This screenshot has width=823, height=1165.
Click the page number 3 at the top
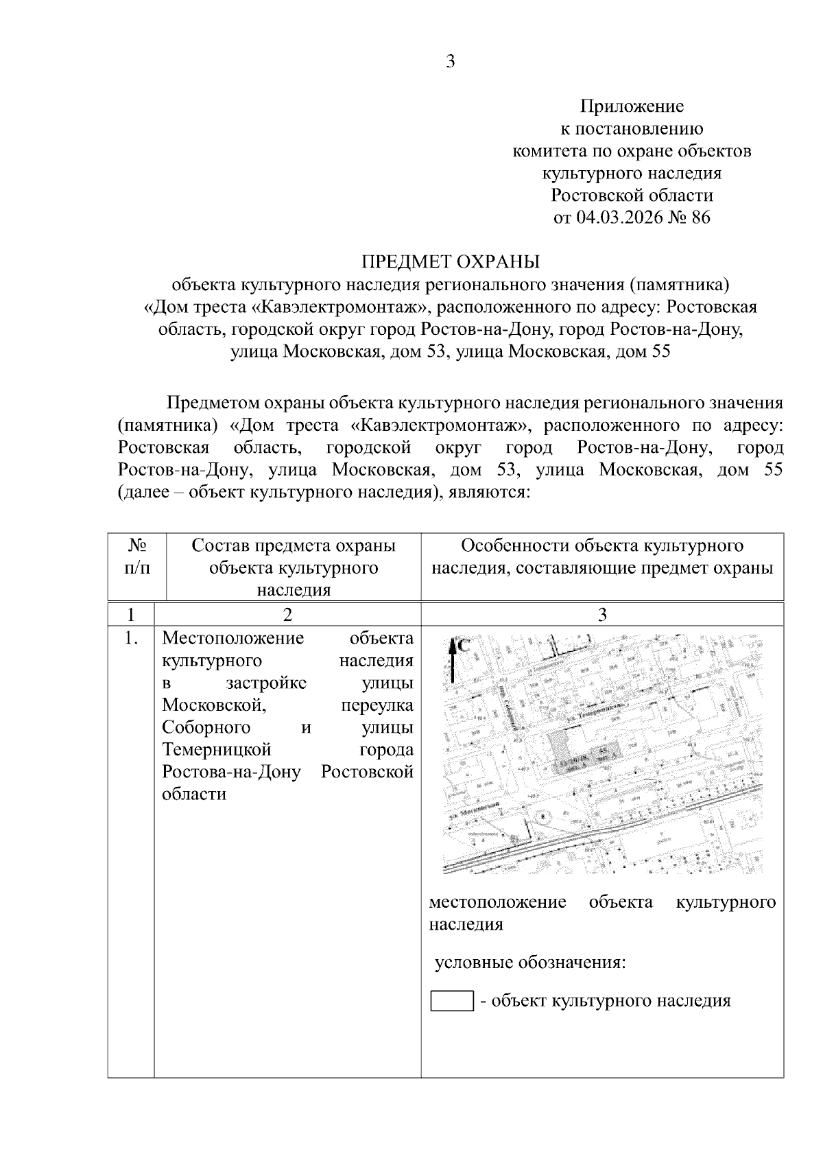coord(450,62)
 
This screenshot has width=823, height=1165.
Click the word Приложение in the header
coord(632,106)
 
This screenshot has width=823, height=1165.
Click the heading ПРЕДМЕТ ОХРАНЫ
coord(451,261)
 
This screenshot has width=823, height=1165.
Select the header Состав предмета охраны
coord(294,546)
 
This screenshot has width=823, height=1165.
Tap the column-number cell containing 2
coord(287,614)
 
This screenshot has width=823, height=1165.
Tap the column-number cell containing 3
coord(602,614)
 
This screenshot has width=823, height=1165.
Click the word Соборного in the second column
coord(206,727)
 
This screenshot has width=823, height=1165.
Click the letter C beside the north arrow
coord(464,646)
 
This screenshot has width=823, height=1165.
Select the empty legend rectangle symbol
coord(451,1001)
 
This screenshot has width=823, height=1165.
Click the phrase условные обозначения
coord(530,963)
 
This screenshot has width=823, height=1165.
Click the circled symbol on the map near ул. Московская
coord(543,816)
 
